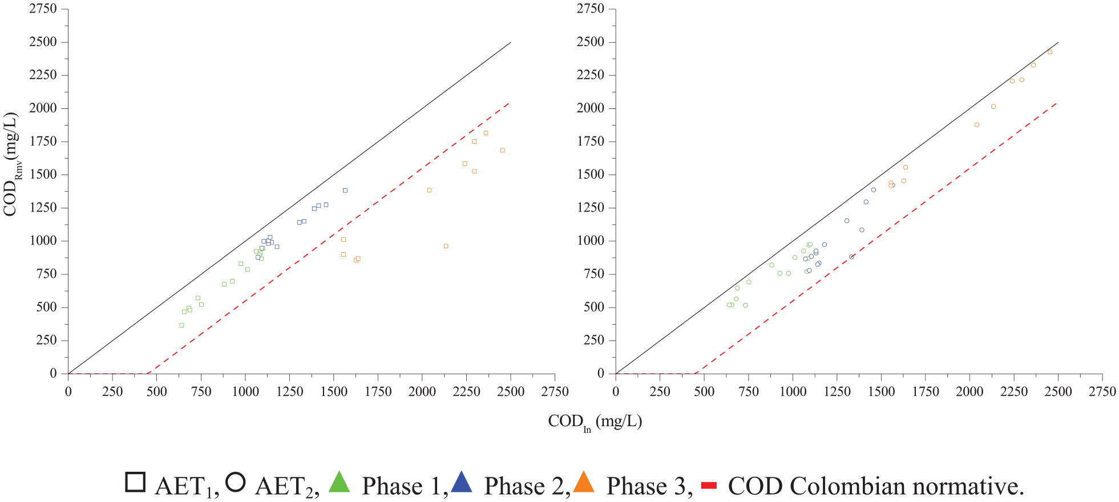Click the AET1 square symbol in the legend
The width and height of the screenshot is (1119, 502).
click(135, 482)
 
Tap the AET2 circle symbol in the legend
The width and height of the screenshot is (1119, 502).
click(236, 482)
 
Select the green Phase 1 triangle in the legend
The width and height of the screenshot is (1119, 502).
click(340, 481)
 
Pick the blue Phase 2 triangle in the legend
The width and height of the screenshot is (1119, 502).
click(462, 481)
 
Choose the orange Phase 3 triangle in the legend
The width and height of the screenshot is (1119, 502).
click(584, 481)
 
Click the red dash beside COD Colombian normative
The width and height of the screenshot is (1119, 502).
click(709, 485)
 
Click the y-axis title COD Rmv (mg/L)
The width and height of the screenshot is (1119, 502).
click(11, 164)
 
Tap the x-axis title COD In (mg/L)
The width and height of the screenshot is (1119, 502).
click(595, 422)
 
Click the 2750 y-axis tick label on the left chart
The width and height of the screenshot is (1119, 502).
click(43, 9)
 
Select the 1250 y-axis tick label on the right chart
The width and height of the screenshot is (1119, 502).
click(591, 208)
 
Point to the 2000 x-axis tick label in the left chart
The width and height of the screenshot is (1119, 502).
click(422, 391)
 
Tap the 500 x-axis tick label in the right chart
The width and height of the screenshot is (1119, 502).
click(704, 391)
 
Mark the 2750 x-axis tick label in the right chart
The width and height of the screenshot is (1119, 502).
click(1102, 391)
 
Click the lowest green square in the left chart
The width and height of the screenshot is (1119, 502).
click(181, 325)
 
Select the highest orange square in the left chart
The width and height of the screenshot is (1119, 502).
click(486, 133)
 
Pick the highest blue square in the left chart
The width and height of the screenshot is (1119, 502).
click(345, 191)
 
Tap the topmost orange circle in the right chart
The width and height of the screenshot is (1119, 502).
click(1049, 52)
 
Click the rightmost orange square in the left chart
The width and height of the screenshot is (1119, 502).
click(502, 150)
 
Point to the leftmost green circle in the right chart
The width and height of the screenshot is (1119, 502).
click(729, 305)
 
